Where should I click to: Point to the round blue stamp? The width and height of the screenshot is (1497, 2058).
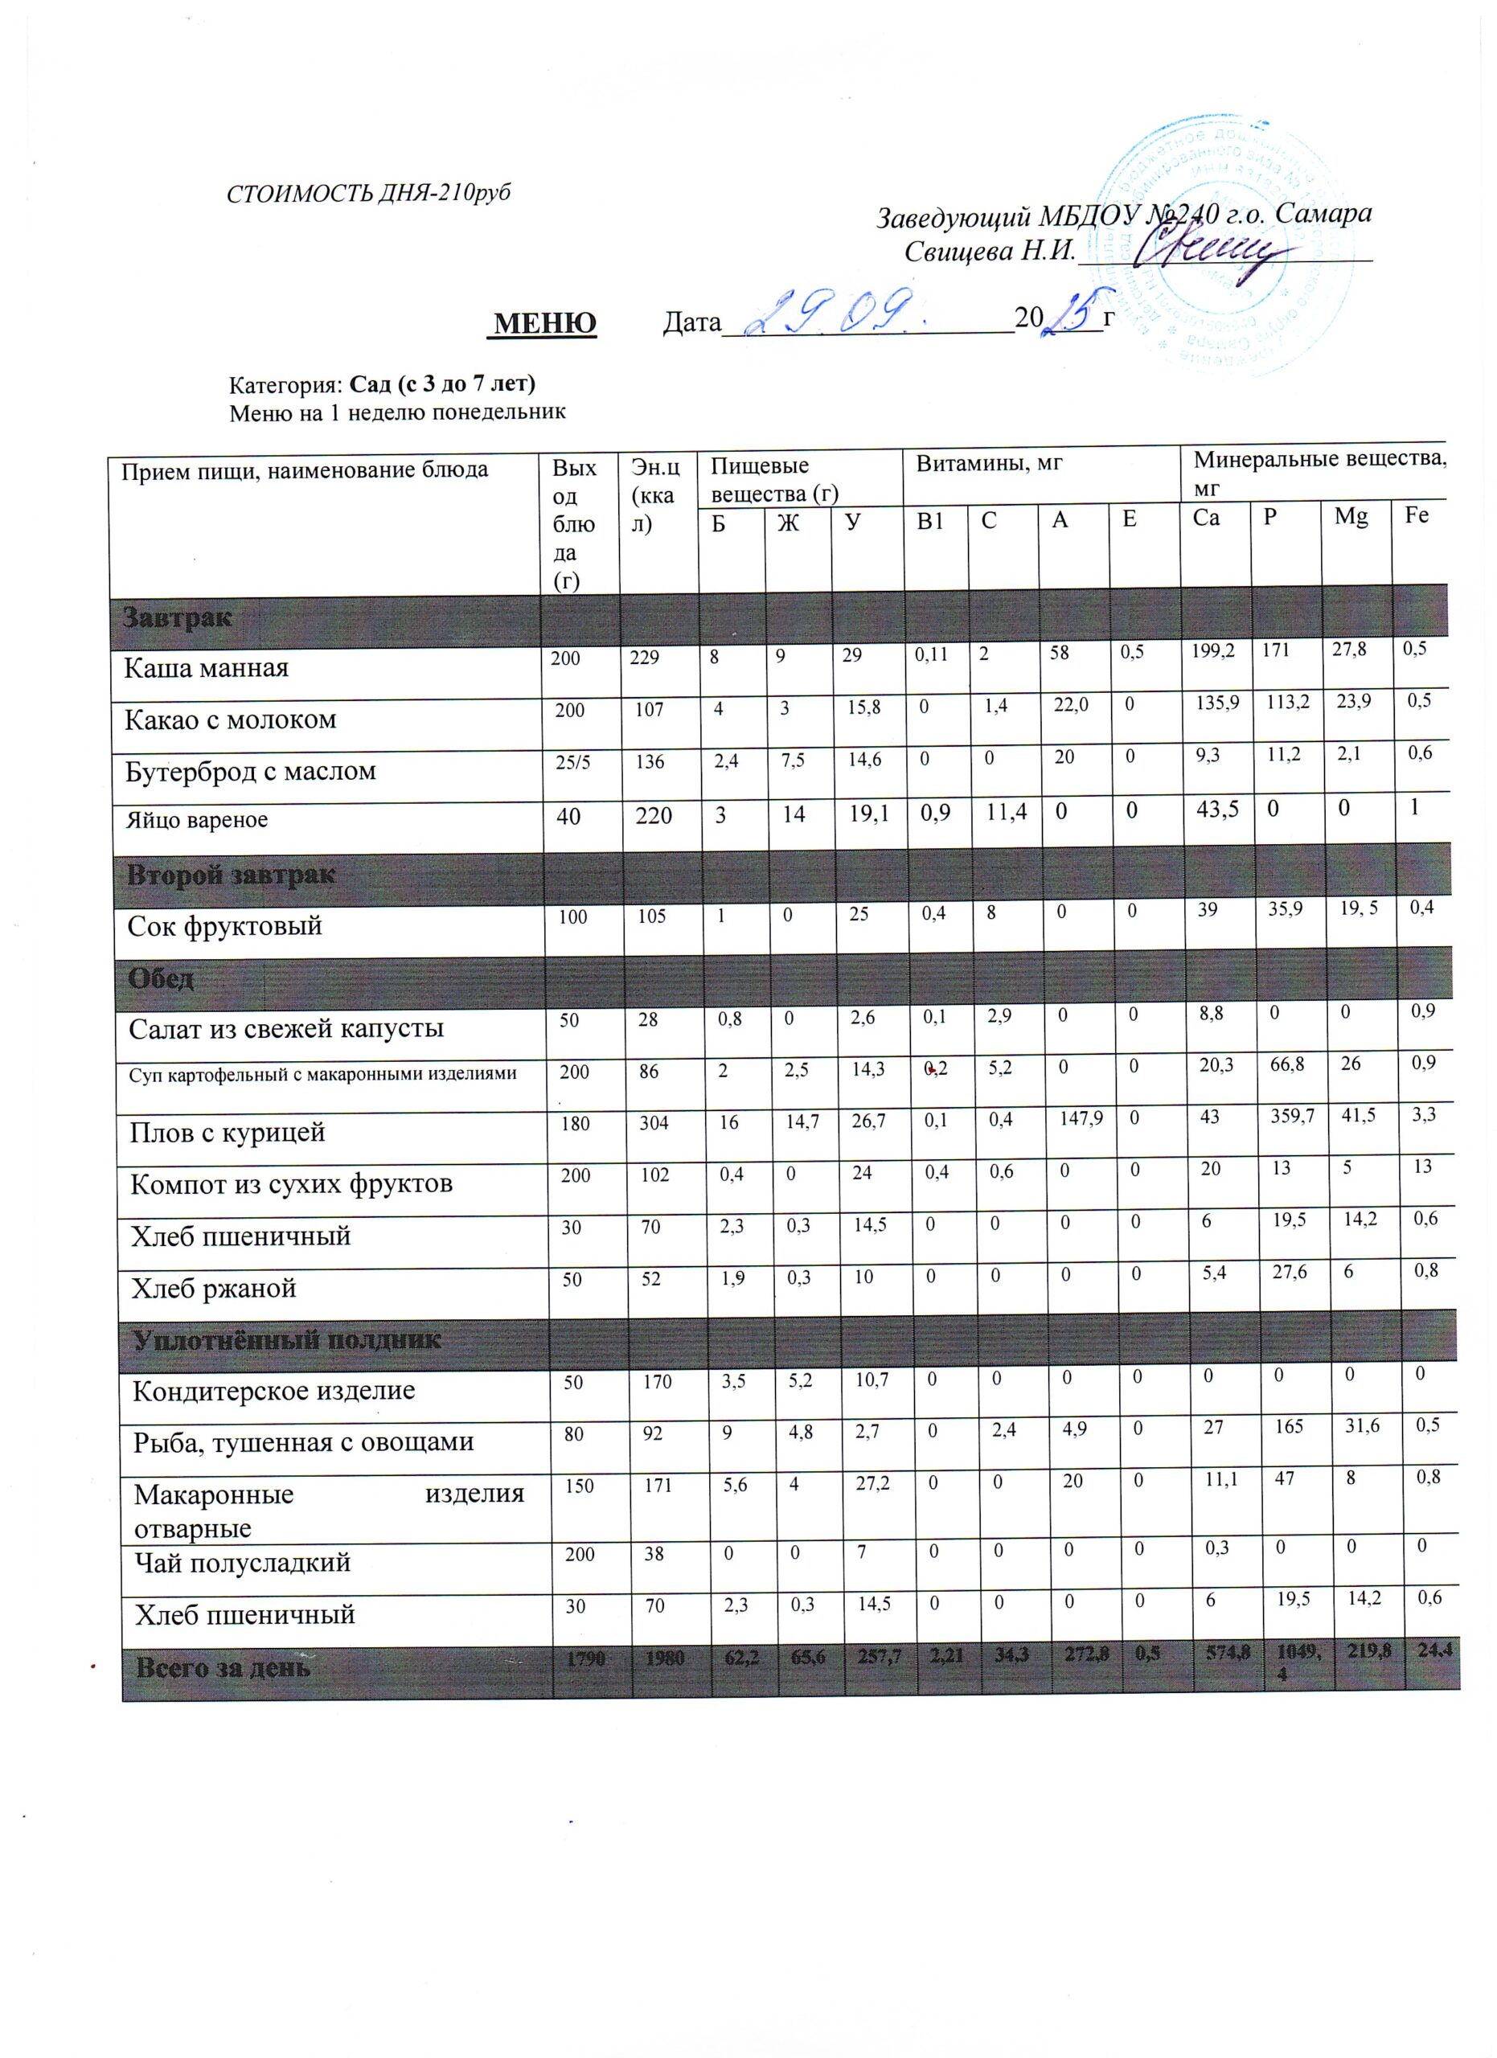[1220, 245]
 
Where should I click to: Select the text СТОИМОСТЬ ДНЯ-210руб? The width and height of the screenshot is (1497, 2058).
[368, 193]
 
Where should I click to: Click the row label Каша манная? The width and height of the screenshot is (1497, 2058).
[206, 669]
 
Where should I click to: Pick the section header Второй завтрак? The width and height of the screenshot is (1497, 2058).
[231, 875]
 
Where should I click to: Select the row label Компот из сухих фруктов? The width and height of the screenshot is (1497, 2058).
[291, 1184]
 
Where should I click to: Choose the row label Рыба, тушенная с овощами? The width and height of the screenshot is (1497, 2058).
[303, 1443]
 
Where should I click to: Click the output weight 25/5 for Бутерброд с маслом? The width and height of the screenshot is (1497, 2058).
[572, 762]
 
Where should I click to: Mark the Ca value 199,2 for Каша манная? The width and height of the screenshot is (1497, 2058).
[1213, 650]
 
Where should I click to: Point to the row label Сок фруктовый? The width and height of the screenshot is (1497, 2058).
[225, 926]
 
